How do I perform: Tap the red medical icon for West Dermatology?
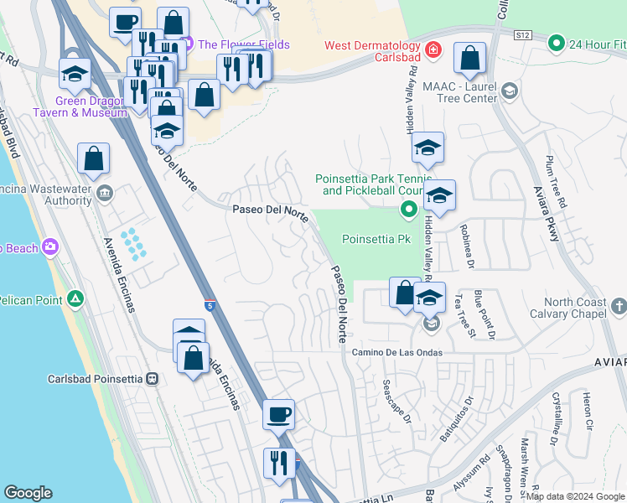pyautogui.click(x=433, y=49)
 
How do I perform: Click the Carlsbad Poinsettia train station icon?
pyautogui.click(x=152, y=378)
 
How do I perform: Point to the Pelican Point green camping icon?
pyautogui.click(x=75, y=299)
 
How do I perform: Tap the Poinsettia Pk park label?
pyautogui.click(x=376, y=239)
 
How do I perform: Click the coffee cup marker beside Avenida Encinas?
pyautogui.click(x=278, y=413)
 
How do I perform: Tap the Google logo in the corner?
pyautogui.click(x=28, y=493)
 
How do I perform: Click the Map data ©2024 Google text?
pyautogui.click(x=574, y=496)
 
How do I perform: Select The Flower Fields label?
pyautogui.click(x=246, y=44)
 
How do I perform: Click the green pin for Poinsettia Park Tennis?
pyautogui.click(x=409, y=210)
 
